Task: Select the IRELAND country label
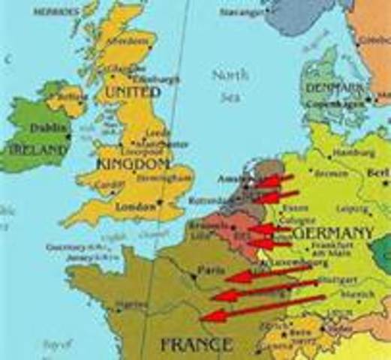[35, 149]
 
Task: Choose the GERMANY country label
[335, 233]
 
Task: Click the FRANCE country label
[196, 345]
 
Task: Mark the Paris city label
[208, 268]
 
